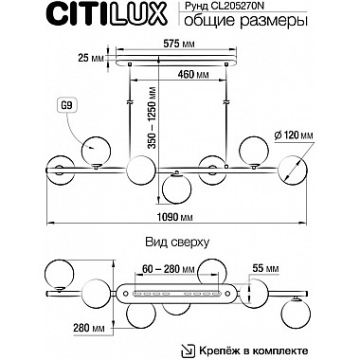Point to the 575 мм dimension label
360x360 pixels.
(x=180, y=45)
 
